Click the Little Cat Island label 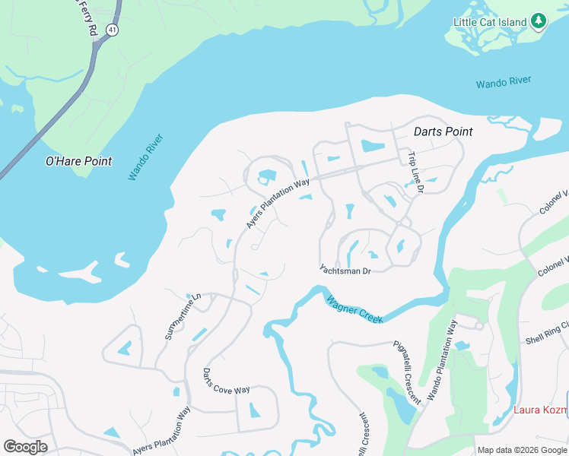point(490,22)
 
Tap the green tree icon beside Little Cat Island point(539,21)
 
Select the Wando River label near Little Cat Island point(504,81)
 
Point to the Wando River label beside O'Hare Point point(145,157)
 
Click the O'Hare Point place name point(78,161)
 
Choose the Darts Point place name point(443,131)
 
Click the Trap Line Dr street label point(413,172)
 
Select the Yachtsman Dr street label point(345,271)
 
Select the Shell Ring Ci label point(546,337)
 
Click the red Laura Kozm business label point(541,410)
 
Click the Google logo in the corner point(25,446)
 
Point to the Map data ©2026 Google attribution point(521,450)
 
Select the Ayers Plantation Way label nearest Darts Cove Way point(161,431)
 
